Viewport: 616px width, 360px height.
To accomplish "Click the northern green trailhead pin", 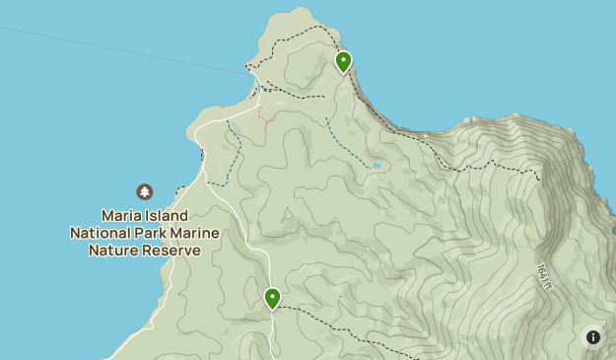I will pos(343,62).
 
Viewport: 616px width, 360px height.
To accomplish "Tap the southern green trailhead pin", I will pos(272,298).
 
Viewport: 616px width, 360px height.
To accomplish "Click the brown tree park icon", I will pos(145,191).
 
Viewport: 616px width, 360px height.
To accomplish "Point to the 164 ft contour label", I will pos(542,278).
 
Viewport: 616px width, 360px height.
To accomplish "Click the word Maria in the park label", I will pos(123,215).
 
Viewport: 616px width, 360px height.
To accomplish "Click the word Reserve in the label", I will pos(171,251).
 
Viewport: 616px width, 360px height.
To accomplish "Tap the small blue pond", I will pos(376,166).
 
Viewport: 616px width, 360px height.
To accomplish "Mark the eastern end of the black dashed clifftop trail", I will pos(539,179).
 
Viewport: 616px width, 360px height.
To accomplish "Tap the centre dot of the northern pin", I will pos(343,60).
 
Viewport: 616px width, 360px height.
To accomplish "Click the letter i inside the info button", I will pos(593,337).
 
